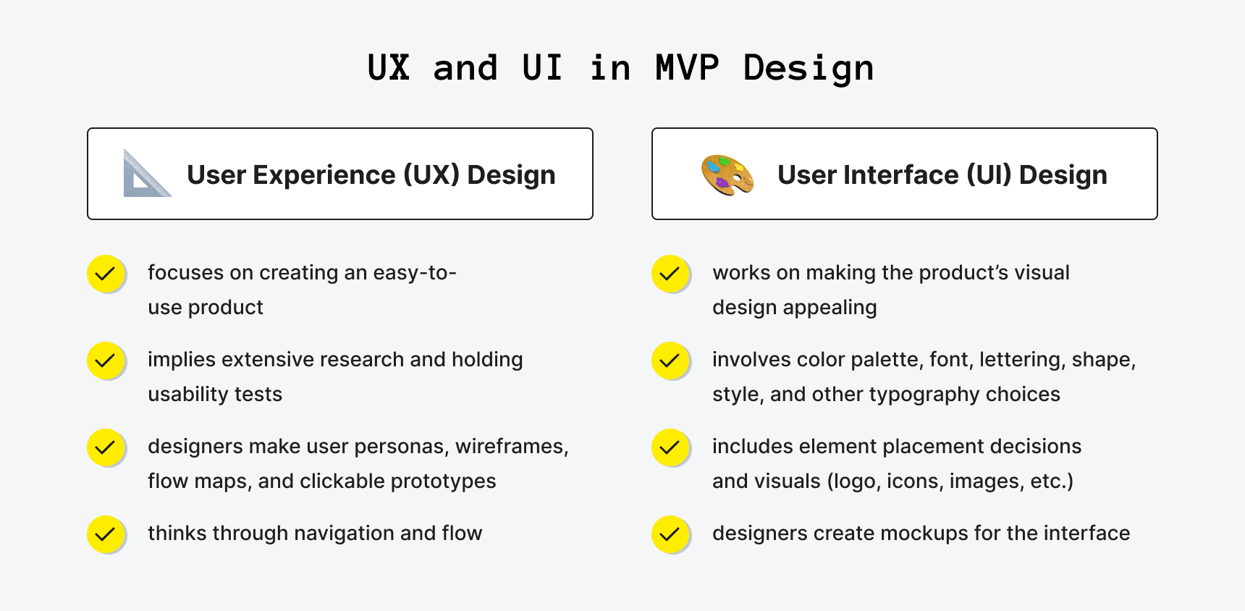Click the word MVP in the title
686,68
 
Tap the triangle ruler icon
145,175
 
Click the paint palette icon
727,175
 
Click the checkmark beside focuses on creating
106,274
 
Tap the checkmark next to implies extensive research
106,361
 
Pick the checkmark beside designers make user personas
106,447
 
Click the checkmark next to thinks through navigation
106,534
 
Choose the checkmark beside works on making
670,274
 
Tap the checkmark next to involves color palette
670,361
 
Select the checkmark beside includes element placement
670,447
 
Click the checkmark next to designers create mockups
670,534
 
